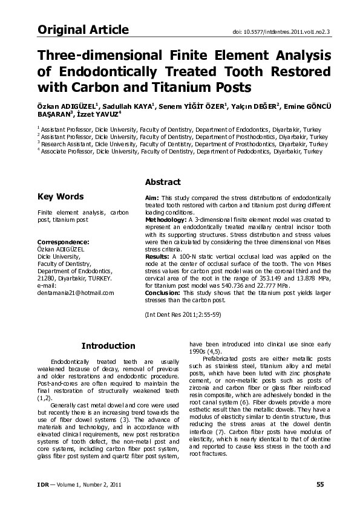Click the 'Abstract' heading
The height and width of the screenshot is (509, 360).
pos(163,182)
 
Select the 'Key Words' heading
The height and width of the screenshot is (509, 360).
pos(61,196)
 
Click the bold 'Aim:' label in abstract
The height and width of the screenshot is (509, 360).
pos(152,198)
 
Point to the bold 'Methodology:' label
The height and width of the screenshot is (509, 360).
pos(166,219)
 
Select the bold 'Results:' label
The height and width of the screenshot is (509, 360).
pos(159,256)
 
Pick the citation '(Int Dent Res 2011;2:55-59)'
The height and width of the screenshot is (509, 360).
pos(184,314)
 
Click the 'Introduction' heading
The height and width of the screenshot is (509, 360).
pos(108,346)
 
